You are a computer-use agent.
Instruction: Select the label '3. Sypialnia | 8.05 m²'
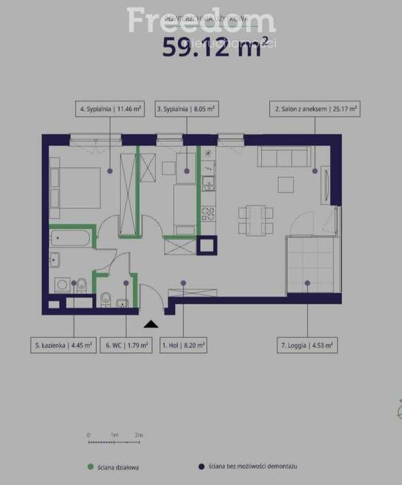[185, 109]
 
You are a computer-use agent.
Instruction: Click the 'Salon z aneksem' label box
[315, 109]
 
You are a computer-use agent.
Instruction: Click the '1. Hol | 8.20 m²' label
[183, 345]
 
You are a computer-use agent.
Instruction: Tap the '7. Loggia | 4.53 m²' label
[306, 345]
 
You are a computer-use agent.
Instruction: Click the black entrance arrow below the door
[151, 323]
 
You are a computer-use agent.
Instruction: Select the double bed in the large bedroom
[75, 187]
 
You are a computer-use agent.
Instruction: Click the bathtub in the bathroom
[70, 239]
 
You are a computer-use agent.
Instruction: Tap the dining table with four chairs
[255, 217]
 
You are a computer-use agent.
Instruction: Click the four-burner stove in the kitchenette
[208, 214]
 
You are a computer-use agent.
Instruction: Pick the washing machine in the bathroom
[61, 283]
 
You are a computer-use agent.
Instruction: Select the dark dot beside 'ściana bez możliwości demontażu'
[200, 467]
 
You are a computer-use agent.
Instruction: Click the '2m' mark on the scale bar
[139, 435]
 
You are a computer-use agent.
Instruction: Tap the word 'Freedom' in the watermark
[201, 20]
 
